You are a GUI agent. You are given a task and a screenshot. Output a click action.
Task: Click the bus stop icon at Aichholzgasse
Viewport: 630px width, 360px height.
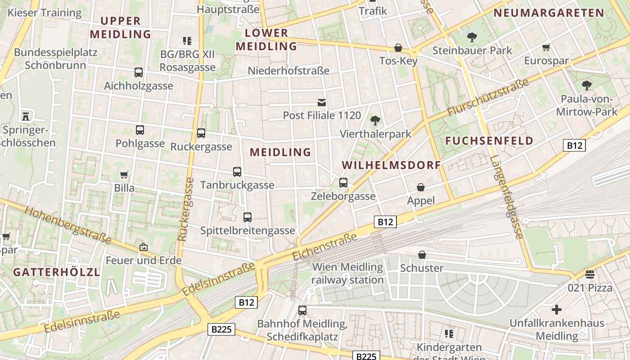tap(139, 72)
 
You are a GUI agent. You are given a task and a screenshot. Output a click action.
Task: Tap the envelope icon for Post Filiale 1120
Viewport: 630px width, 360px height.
tap(322, 103)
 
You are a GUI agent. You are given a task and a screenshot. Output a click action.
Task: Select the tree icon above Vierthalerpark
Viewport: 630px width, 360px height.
tap(375, 121)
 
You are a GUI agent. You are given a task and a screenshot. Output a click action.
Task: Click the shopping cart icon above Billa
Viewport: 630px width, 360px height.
tap(124, 175)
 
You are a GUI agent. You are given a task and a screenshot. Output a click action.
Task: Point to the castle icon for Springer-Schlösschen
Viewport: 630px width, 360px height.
tap(26, 116)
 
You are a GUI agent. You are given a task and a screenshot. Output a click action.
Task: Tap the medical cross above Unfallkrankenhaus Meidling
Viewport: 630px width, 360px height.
tap(557, 310)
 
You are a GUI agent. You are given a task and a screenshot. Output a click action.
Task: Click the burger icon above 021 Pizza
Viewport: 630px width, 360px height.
tap(590, 274)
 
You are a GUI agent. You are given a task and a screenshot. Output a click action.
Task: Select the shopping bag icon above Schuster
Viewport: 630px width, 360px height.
tap(422, 255)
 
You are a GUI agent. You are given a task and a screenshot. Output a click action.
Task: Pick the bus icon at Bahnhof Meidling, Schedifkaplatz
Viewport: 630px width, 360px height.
tap(302, 310)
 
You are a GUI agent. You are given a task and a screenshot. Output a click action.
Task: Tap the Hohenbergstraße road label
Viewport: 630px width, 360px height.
tap(68, 225)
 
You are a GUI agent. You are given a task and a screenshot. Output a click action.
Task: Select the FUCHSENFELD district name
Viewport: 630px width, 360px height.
tap(489, 141)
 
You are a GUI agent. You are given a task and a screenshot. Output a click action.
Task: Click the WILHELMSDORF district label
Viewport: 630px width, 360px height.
tap(391, 165)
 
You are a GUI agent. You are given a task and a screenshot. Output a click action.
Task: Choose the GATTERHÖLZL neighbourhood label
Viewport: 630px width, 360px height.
tap(56, 272)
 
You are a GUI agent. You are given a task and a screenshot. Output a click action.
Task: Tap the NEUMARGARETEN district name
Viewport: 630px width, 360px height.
tap(549, 13)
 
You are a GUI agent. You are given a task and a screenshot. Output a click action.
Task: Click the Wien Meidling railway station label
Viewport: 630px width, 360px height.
tap(348, 273)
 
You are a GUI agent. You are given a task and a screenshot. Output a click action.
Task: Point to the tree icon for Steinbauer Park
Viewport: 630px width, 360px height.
tap(472, 37)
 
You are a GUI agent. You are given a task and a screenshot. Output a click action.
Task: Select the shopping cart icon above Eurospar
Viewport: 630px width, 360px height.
tap(546, 47)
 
